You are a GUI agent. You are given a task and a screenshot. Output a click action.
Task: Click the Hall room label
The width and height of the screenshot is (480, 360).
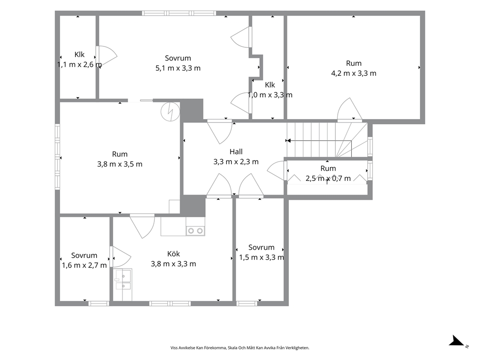(x=236, y=151)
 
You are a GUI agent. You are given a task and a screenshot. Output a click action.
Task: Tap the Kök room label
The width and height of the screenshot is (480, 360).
(x=174, y=254)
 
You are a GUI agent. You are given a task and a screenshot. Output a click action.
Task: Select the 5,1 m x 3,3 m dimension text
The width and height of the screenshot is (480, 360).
(x=178, y=68)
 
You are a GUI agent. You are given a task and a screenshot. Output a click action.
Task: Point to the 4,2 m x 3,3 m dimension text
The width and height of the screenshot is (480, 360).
(x=354, y=73)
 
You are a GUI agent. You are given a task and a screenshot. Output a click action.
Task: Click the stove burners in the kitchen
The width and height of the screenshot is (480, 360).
(x=195, y=230)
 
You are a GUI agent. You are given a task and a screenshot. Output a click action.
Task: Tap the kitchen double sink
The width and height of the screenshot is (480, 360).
(x=122, y=281)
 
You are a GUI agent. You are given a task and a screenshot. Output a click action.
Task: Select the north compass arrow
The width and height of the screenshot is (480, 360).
(x=458, y=341)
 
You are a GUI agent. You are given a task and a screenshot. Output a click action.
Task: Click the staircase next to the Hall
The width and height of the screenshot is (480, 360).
(x=327, y=140)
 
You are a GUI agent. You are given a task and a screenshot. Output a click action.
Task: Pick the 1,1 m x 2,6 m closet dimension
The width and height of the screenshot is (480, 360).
(x=79, y=64)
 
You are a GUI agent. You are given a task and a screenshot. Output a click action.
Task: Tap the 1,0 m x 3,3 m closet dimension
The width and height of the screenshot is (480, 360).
(x=270, y=95)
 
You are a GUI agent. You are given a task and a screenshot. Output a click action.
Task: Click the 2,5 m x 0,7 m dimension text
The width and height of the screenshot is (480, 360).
(x=328, y=178)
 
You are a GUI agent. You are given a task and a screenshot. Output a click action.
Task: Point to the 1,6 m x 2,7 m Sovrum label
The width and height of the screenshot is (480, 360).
(x=84, y=260)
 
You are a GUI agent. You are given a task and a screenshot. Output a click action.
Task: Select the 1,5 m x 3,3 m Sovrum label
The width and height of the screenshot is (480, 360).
(x=261, y=252)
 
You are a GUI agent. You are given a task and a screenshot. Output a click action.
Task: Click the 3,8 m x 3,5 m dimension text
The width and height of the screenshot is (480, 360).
(x=120, y=164)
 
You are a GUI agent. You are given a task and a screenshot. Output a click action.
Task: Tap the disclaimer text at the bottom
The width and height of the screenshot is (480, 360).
(x=240, y=348)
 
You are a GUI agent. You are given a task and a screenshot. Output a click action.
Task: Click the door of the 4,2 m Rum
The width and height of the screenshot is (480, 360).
(x=349, y=109)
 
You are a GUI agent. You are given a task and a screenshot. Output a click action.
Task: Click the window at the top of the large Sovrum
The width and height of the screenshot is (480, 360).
(x=179, y=13)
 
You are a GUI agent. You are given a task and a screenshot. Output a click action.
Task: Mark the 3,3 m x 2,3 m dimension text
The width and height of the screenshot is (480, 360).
(x=236, y=162)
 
